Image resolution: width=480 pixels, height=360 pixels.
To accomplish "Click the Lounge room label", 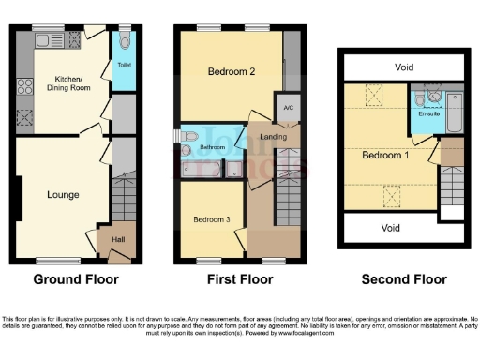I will pyautogui.click(x=63, y=194).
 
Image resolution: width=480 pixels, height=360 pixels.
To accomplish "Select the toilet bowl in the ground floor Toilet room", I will pyautogui.click(x=125, y=41).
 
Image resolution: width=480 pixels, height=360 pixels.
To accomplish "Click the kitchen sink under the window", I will pyautogui.click(x=43, y=40).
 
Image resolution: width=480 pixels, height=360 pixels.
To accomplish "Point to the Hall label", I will pyautogui.click(x=119, y=239).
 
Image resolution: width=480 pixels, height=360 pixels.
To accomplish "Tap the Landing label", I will pyautogui.click(x=274, y=138).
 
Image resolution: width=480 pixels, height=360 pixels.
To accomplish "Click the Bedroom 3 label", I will pyautogui.click(x=210, y=219).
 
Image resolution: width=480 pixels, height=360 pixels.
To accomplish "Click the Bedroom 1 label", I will pyautogui.click(x=385, y=155).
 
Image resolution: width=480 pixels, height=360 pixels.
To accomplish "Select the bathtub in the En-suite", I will pyautogui.click(x=455, y=112).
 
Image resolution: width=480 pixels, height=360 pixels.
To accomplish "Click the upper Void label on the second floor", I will pyautogui.click(x=403, y=67).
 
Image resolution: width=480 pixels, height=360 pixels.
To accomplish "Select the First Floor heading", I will pyautogui.click(x=240, y=278).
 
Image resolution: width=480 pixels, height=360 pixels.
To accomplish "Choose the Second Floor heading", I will pyautogui.click(x=405, y=278).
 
